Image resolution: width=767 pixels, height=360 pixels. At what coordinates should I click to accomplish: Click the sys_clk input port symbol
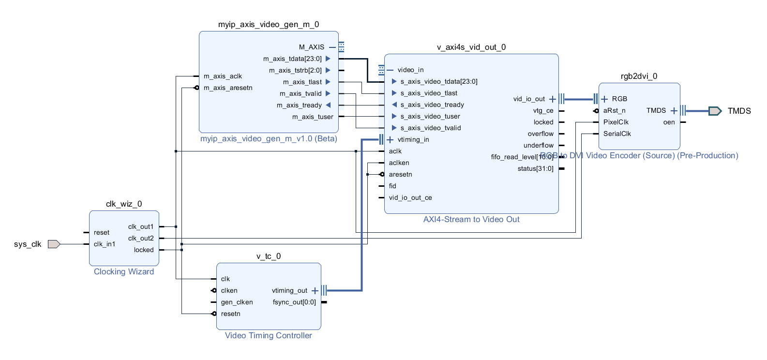54,244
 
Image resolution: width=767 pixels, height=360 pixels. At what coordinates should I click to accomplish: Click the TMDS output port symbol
715,111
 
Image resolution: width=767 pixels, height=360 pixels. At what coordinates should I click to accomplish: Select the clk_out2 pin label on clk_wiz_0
141,239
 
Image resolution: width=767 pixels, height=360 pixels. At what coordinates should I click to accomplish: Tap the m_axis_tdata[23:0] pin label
292,59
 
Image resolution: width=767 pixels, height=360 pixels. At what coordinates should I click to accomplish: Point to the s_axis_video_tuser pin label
430,117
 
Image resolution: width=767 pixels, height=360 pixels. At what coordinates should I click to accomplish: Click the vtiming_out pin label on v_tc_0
289,291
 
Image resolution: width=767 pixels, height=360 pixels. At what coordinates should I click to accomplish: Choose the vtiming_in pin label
413,140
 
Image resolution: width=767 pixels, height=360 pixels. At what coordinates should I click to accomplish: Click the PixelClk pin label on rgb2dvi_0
616,122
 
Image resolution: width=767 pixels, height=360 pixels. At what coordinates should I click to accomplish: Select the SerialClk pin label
617,134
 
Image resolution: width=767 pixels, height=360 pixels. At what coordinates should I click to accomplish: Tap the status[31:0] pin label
535,169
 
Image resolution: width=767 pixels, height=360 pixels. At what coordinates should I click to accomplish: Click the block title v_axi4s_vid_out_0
471,47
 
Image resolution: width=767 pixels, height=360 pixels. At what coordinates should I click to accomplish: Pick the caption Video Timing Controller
268,336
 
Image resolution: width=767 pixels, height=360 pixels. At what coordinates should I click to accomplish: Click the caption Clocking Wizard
124,272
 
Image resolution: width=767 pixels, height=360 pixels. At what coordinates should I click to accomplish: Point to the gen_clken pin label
237,302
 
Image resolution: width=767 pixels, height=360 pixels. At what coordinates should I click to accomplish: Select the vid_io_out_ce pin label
410,198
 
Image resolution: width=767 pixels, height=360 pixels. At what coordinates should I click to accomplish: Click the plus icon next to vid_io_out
553,99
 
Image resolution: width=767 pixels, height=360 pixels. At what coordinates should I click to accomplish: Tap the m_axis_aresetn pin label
228,88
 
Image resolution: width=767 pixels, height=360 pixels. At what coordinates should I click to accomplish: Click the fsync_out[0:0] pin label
294,302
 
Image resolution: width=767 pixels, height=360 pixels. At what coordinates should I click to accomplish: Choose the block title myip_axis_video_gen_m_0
269,25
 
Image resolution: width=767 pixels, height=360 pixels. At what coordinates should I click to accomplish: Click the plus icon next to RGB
604,99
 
